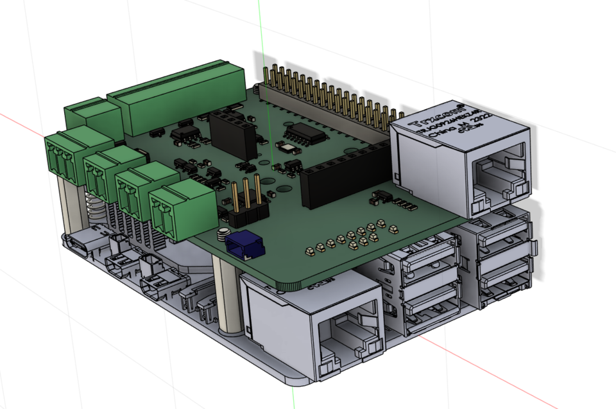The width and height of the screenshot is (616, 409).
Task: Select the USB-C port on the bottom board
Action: point(86,245)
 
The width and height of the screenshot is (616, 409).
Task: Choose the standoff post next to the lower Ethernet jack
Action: point(228,295)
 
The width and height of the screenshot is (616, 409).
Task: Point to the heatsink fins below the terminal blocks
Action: point(138,228)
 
